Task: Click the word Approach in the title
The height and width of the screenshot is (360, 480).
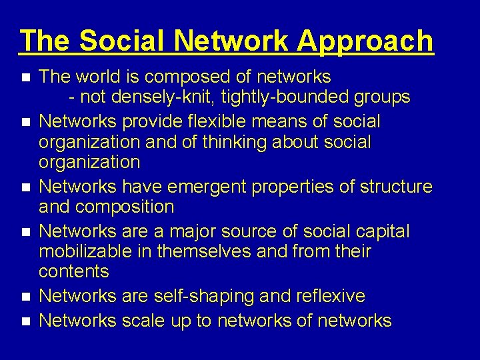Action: pyautogui.click(x=365, y=41)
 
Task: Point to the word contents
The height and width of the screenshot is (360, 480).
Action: pyautogui.click(x=73, y=271)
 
